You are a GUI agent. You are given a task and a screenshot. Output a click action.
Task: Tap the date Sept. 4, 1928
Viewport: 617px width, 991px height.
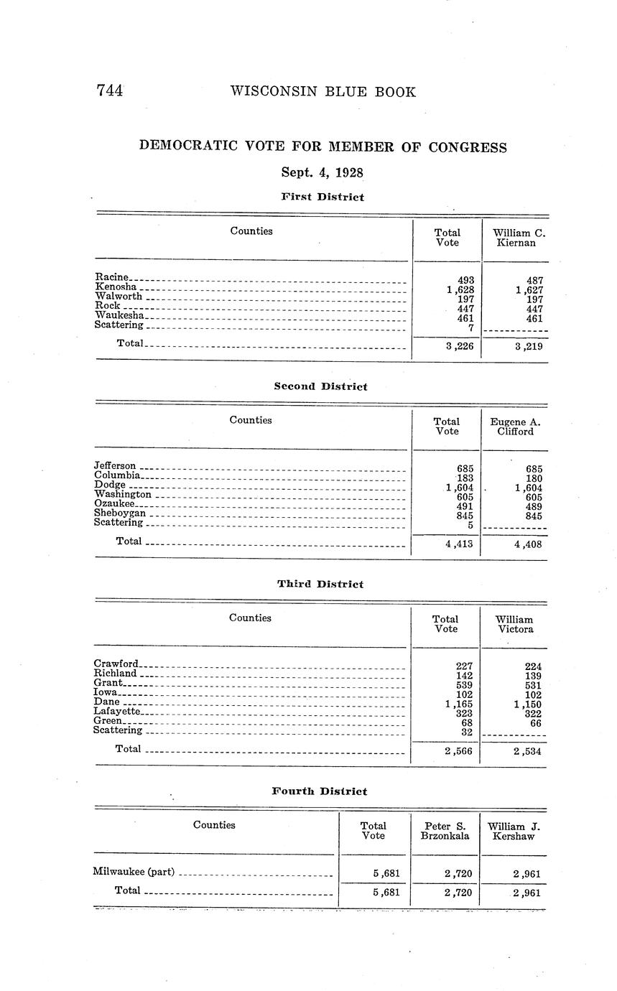pos(322,172)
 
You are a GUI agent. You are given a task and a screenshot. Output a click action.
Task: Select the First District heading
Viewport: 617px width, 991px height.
pos(322,197)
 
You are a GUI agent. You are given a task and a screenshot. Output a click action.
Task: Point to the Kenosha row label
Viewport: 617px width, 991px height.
pos(116,287)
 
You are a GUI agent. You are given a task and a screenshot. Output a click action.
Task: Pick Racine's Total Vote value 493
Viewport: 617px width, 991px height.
pos(465,280)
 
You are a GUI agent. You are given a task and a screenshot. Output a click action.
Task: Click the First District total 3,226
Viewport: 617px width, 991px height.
pos(459,346)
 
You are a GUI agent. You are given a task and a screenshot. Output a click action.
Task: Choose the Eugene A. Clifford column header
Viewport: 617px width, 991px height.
pos(515,427)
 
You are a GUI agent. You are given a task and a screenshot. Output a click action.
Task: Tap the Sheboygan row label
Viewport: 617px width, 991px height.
pos(120,513)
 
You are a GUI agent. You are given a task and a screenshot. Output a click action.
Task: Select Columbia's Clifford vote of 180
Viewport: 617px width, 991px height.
pos(534,478)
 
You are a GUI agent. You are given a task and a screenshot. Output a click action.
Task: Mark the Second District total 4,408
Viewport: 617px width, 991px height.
pos(528,544)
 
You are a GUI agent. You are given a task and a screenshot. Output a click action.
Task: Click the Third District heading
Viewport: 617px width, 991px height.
pos(320,584)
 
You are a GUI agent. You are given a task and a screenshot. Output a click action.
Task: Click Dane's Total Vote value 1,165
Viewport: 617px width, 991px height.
pos(459,704)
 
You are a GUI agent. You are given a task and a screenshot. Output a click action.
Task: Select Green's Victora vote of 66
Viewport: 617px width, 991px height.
pos(536,723)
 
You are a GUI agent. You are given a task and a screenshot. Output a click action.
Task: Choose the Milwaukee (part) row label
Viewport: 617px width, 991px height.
pos(134,872)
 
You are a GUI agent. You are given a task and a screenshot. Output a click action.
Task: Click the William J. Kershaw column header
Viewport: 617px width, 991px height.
pos(514,831)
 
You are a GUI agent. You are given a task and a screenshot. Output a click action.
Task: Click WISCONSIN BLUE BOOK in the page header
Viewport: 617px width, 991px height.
pos(323,92)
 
